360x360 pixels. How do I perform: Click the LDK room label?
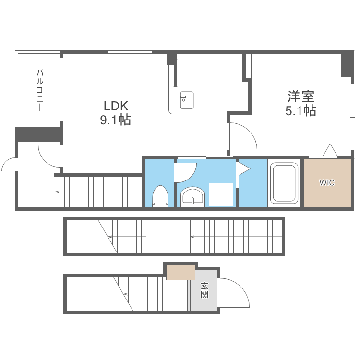point(116,106)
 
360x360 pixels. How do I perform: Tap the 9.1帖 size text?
point(116,120)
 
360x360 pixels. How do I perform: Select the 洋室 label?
point(301,96)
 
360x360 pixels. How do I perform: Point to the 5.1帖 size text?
point(301,111)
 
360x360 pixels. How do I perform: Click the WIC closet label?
point(327,183)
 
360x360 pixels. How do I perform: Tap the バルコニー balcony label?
point(40,90)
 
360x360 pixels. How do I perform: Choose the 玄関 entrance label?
point(204,290)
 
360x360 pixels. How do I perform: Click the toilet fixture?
point(160,196)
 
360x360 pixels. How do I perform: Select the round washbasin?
point(192,197)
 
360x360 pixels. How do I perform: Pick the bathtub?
point(283,183)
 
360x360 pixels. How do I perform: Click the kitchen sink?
point(187,100)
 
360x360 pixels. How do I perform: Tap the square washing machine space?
point(221,194)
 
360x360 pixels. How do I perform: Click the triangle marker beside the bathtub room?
point(244,169)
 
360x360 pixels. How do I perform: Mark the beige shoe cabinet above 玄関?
point(180,273)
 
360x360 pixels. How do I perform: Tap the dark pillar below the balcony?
point(39,134)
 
